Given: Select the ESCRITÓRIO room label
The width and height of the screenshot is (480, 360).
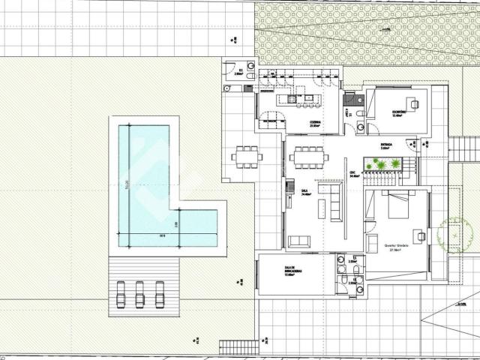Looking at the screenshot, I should tap(399, 112).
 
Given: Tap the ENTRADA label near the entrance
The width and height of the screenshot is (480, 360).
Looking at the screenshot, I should tap(386, 144).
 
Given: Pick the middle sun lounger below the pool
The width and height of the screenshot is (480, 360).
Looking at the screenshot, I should tap(139, 293).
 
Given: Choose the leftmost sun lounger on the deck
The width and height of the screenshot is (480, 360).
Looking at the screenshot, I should tap(121, 293).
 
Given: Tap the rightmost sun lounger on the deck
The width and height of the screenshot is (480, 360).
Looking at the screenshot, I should tap(159, 293).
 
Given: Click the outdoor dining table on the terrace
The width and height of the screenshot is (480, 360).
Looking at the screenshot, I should tap(245, 157).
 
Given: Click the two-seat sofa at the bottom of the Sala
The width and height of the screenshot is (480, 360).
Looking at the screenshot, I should tap(299, 241).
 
